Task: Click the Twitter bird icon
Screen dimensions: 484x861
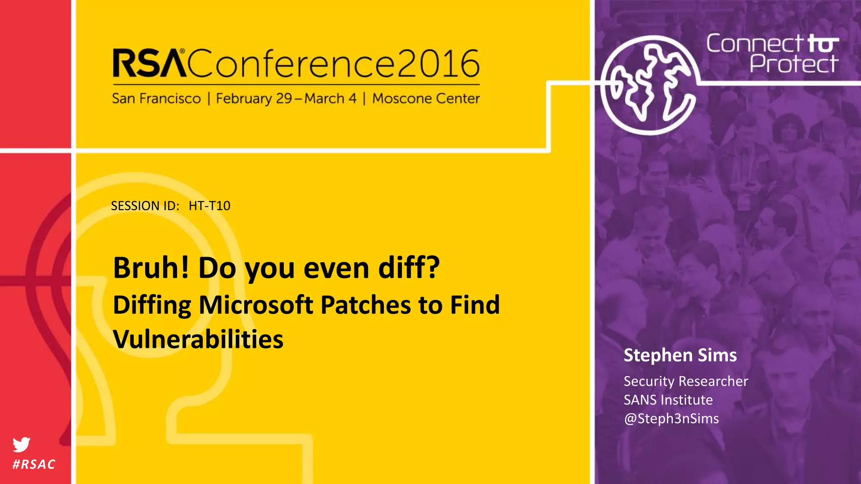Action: [x=21, y=444]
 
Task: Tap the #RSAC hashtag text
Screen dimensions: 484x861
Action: [x=34, y=464]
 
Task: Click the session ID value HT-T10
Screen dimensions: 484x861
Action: [x=209, y=206]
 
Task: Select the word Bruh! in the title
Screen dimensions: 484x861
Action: [x=151, y=268]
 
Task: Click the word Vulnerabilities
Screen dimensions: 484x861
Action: [x=198, y=339]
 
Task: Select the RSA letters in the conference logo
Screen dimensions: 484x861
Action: [x=149, y=64]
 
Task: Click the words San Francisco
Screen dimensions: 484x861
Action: [x=156, y=99]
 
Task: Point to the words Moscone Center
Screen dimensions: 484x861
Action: [x=426, y=99]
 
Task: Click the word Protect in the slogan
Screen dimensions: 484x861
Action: [x=794, y=64]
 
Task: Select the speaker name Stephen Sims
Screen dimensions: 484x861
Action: [x=680, y=355]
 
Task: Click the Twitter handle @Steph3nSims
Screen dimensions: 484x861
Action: [x=671, y=418]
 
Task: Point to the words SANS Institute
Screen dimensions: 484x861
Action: [x=668, y=400]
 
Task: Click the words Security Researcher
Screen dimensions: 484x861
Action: [x=686, y=381]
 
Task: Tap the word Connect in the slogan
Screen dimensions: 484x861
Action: [x=754, y=44]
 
